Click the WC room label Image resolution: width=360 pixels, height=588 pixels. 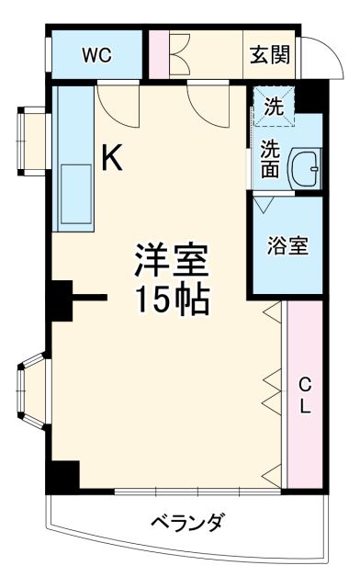[96, 55]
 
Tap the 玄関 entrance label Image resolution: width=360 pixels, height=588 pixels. [271, 55]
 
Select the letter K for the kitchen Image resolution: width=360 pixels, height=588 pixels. [111, 159]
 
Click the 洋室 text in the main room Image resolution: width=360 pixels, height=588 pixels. [174, 262]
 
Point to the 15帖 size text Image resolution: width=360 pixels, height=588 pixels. [173, 300]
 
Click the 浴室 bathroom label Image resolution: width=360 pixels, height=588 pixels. [287, 246]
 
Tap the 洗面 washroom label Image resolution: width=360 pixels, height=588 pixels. [269, 157]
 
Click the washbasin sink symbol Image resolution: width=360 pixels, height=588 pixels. [304, 169]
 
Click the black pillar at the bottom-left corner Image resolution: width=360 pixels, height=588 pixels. [63, 475]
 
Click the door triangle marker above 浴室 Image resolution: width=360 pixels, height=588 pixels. [263, 204]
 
